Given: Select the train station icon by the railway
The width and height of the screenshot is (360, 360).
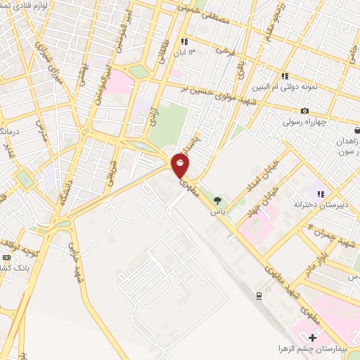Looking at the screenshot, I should click(258, 295).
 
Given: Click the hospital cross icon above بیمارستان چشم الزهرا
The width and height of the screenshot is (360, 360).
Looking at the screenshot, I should click(312, 337).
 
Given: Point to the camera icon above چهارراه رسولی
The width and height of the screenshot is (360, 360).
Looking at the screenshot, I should click(304, 111).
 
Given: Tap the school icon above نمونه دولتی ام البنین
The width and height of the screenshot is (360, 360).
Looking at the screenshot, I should click(284, 76).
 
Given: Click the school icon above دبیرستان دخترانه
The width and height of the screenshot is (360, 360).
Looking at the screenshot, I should click(321, 194).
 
